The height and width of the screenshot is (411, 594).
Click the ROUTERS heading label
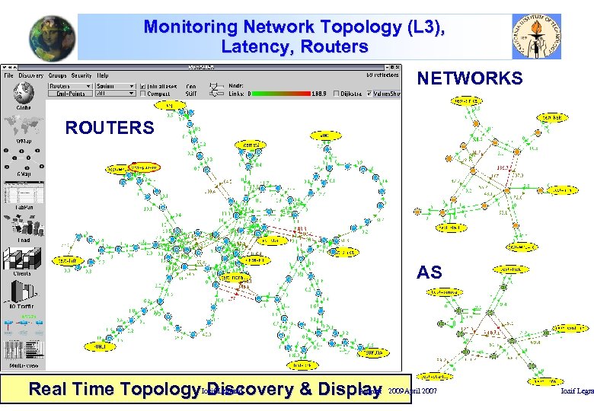109,128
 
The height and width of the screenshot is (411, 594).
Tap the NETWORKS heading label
469,78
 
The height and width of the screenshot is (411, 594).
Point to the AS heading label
429,272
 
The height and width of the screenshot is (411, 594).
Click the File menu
8,75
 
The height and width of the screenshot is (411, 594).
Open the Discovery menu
30,75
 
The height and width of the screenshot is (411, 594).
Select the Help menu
102,75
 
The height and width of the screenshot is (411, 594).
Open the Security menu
81,75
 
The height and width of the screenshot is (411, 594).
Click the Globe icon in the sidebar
24,93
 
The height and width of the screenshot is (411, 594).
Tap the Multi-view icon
24,352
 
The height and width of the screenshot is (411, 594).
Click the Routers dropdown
69,86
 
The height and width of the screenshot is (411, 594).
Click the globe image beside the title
53,38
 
